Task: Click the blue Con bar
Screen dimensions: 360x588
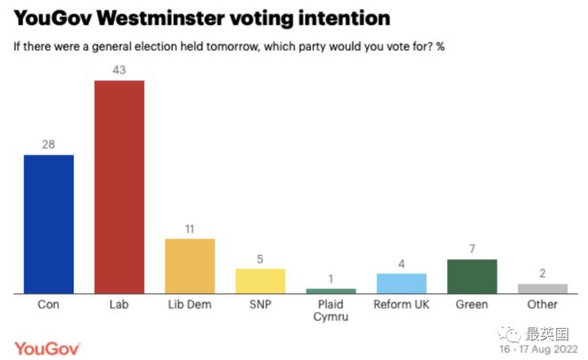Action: (x=48, y=224)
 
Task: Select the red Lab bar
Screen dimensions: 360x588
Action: (x=119, y=187)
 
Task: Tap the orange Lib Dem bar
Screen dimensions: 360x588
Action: (x=190, y=266)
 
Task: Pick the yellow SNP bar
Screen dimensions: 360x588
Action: (x=260, y=281)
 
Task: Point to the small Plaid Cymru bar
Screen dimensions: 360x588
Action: (x=331, y=290)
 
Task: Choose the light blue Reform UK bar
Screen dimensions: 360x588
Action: (x=402, y=283)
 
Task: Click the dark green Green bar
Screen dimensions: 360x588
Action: (x=472, y=276)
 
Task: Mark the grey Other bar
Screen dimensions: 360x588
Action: (x=543, y=289)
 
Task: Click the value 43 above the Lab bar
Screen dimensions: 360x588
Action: (x=119, y=70)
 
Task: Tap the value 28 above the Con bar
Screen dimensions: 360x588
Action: (x=48, y=143)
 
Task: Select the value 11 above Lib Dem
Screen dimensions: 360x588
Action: (x=190, y=228)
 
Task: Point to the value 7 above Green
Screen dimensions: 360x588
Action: (x=472, y=249)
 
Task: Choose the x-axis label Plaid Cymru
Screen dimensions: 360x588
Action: (x=331, y=314)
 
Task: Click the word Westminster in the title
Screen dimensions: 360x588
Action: (x=173, y=17)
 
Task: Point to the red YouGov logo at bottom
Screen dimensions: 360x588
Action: (x=47, y=348)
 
